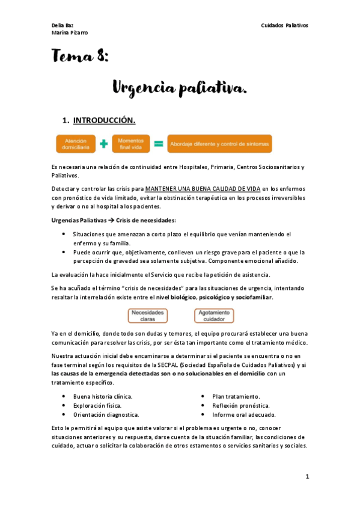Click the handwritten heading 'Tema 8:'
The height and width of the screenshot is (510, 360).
79,57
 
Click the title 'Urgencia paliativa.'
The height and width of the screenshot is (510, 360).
179,89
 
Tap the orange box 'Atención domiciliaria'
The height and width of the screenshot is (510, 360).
76,143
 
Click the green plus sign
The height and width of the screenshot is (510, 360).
104,144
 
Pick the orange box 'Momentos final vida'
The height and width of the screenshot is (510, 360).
130,143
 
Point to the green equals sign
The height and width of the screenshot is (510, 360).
159,144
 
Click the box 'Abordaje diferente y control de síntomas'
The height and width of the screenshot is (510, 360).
219,144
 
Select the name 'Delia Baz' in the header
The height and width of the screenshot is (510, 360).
62,25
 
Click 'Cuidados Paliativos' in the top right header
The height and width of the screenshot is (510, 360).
284,25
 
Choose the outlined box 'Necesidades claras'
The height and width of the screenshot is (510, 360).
147,316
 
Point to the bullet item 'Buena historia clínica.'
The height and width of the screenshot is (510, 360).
102,396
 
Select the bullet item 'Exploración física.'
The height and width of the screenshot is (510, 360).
97,405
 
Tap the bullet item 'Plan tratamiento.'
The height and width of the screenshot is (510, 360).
236,396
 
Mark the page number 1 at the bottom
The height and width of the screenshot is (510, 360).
307,476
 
